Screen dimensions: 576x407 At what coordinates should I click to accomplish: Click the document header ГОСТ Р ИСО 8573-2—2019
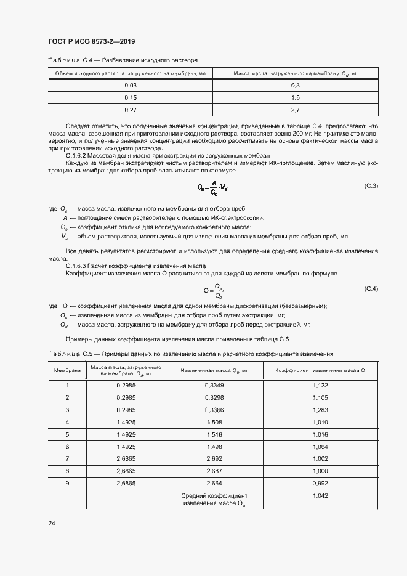click(x=91, y=41)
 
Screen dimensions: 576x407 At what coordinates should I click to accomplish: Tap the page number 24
click(x=51, y=523)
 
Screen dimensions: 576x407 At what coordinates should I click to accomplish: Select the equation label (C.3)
click(x=371, y=185)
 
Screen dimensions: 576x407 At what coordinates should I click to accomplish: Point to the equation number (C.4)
click(x=371, y=288)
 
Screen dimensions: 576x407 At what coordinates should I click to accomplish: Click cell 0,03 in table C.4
click(x=131, y=85)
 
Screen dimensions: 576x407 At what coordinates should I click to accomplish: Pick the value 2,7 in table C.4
click(x=295, y=110)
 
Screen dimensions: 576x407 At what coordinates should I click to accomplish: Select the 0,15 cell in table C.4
click(x=131, y=97)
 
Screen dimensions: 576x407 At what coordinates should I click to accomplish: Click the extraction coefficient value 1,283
click(x=320, y=410)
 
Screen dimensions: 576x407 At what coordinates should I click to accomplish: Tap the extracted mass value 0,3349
click(x=214, y=385)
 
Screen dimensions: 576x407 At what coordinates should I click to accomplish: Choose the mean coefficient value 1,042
click(x=320, y=495)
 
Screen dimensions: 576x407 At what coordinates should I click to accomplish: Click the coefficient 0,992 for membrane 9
click(x=320, y=483)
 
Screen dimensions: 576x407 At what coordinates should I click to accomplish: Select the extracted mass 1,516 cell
click(x=214, y=434)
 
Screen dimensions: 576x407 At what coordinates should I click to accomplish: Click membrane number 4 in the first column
click(x=67, y=422)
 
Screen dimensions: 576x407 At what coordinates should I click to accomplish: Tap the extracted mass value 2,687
click(x=214, y=471)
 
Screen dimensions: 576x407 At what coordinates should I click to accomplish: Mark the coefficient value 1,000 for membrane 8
click(x=320, y=471)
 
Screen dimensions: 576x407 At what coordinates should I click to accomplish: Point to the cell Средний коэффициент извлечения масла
click(x=214, y=499)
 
